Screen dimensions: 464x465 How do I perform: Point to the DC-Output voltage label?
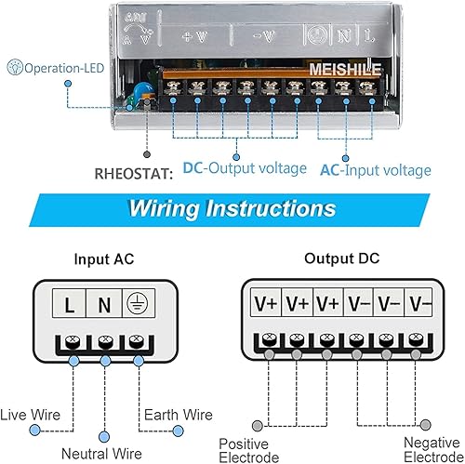click(x=244, y=169)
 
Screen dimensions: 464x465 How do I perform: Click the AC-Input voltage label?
click(x=375, y=169)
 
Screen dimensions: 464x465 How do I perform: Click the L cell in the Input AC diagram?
click(x=71, y=303)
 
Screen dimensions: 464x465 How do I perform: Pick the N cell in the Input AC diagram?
click(x=104, y=303)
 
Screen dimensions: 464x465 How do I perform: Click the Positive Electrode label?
click(x=248, y=451)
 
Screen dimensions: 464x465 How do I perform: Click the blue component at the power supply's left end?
click(x=139, y=91)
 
